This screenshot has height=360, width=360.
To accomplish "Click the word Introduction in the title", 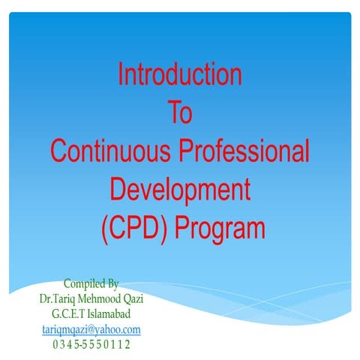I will coord(180,75).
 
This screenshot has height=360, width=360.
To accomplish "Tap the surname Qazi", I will coord(132,298).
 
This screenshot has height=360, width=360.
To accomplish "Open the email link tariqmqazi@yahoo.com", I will coord(91,329).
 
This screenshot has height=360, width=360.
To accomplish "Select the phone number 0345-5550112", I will coord(91,344).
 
